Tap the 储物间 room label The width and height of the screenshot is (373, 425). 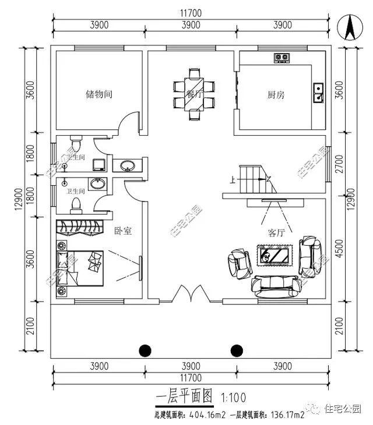point(98,94)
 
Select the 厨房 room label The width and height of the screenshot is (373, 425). point(276,95)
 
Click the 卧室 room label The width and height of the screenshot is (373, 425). point(122,231)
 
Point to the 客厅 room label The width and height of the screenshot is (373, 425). point(276,233)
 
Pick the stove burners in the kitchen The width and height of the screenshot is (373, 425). point(282,57)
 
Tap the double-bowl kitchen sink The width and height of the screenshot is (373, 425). point(319,93)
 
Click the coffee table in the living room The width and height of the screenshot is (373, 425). point(273,255)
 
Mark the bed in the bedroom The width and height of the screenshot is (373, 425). point(82,267)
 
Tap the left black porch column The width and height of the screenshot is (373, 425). point(145,350)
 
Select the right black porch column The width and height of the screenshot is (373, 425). point(237,350)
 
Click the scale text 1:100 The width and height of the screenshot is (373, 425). point(234,398)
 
